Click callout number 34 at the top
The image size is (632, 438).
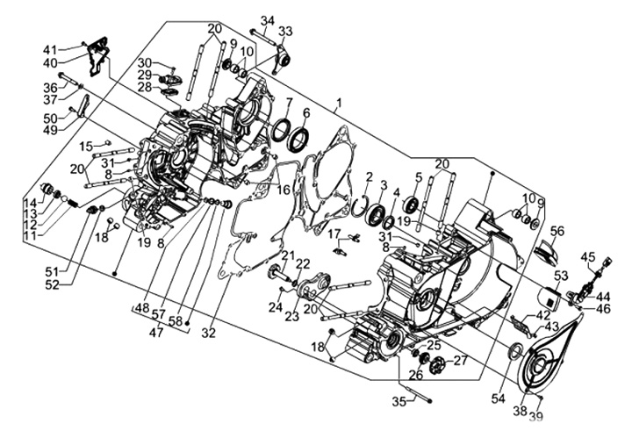[267, 20]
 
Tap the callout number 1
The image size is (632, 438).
[339, 104]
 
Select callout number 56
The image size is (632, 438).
[558, 231]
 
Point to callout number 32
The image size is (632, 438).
[209, 333]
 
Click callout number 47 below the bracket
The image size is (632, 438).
[156, 333]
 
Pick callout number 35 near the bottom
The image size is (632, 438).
[401, 401]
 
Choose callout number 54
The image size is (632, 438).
[499, 399]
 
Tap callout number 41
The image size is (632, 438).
[51, 50]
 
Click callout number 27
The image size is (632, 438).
[461, 360]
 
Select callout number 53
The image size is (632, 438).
[561, 276]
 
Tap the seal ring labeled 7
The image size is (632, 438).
[280, 130]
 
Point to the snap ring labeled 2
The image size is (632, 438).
[358, 206]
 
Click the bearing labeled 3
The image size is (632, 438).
[376, 212]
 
